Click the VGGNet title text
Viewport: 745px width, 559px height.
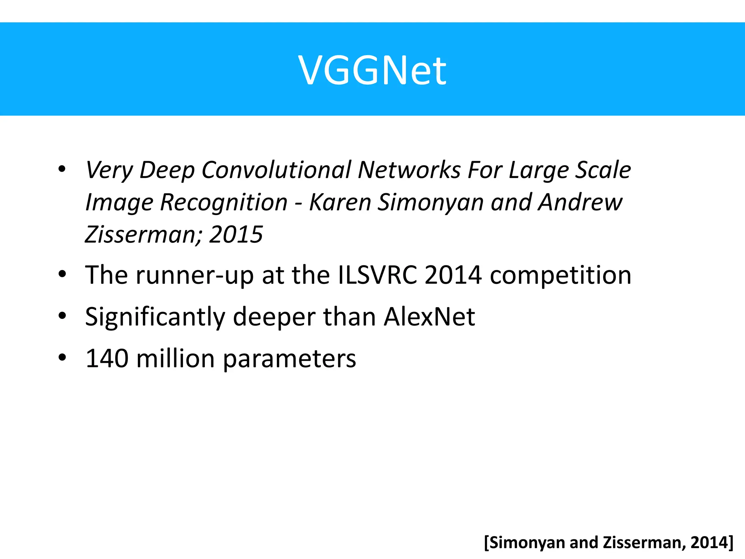372,70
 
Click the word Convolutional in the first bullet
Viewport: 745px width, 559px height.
276,170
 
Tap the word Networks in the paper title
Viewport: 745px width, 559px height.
409,170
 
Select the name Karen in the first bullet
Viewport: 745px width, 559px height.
340,202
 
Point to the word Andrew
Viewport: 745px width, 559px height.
580,202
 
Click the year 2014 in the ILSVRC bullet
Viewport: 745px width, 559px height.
453,275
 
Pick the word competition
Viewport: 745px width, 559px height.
560,275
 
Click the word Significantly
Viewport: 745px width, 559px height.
155,317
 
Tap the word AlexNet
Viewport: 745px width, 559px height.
429,317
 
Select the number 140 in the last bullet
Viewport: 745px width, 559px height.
107,359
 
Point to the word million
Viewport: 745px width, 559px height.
176,359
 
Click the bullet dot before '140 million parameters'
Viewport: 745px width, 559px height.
62,357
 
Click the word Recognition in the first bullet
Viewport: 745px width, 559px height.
223,202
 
